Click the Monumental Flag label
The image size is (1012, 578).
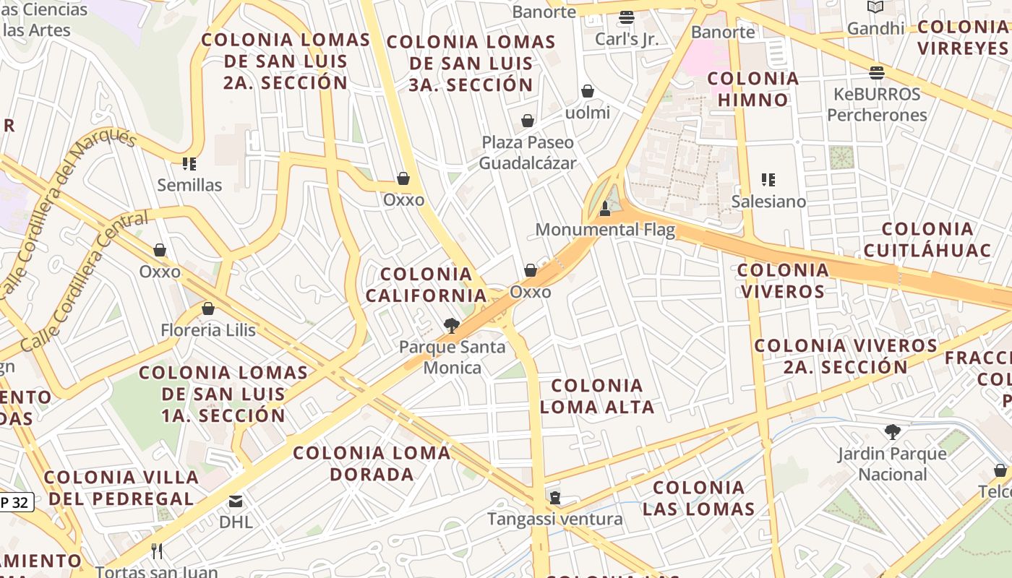coord(605,230)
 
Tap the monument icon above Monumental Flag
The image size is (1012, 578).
coord(605,210)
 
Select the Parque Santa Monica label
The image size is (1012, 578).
coord(453,357)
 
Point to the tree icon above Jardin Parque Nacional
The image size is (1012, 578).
coord(893,432)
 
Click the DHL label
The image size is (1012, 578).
coord(236,521)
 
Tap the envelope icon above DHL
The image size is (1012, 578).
coord(236,501)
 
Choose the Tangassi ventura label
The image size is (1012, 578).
coord(554,519)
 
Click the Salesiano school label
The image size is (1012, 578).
coord(768,201)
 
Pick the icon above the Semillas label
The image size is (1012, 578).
coord(189,164)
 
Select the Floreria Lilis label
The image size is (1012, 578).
coord(208,330)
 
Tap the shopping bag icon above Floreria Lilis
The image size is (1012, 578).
coord(208,309)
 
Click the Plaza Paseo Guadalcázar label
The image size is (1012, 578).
coord(528,152)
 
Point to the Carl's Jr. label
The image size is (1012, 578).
coord(627,39)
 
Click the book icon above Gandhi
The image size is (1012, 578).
coord(875,7)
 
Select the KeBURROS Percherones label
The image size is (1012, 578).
coord(877,104)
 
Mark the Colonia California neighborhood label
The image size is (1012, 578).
coord(426,285)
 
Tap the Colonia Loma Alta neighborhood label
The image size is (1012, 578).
coord(597,396)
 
